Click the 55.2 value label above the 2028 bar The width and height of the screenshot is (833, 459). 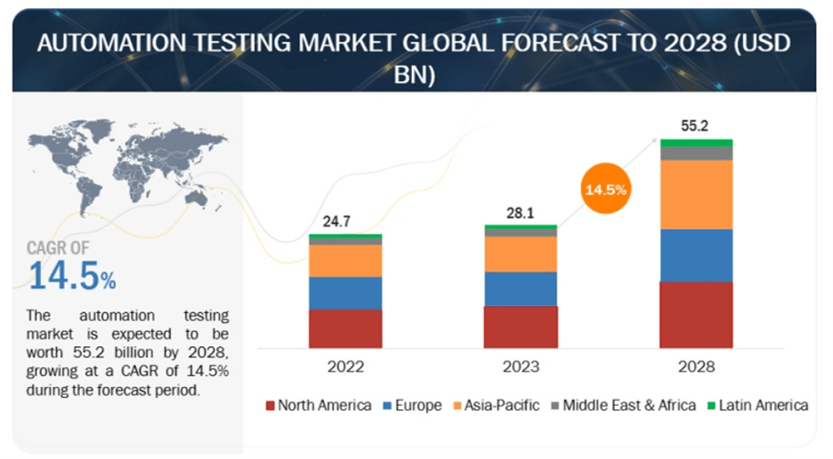(694, 126)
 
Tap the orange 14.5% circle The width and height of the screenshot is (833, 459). (605, 189)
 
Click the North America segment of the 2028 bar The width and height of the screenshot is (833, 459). (695, 315)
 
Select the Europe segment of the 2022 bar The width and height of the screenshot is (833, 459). (345, 293)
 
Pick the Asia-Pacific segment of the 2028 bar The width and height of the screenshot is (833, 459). (695, 194)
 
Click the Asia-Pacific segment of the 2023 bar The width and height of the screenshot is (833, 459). (521, 254)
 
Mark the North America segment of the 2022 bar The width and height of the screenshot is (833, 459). (345, 328)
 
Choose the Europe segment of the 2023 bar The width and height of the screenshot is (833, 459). (521, 288)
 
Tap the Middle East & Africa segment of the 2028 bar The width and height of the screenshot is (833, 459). (695, 153)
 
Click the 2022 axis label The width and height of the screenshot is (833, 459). (345, 366)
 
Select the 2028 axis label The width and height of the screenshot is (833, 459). (695, 366)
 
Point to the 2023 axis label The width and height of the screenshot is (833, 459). (521, 366)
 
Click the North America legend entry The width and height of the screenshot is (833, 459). (318, 406)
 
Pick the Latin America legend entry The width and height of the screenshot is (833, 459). (758, 406)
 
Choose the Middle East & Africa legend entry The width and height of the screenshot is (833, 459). (626, 406)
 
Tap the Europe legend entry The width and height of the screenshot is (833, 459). (412, 406)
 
